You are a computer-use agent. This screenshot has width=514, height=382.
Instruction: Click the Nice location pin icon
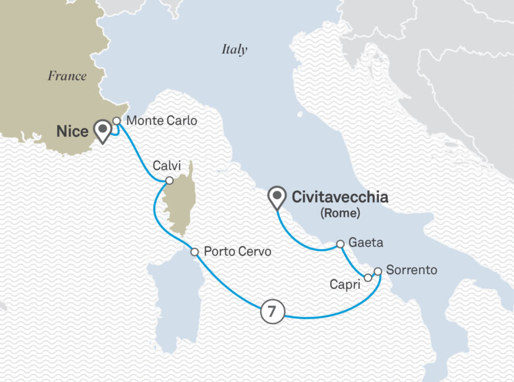click(102, 130)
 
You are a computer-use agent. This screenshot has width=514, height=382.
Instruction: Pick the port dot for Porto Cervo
click(194, 252)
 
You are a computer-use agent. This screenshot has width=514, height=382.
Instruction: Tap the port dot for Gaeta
click(340, 244)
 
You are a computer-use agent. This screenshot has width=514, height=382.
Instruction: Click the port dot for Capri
click(368, 278)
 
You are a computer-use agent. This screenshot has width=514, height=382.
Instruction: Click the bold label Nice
click(72, 131)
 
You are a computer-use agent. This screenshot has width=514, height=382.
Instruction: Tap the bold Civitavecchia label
click(340, 198)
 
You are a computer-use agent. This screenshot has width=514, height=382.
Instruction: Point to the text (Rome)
click(340, 214)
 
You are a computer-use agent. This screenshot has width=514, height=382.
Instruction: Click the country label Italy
click(234, 50)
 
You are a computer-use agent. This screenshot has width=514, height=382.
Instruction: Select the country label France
click(67, 76)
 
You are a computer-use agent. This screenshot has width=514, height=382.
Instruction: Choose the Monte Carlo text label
click(161, 121)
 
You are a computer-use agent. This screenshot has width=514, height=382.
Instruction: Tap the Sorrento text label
click(411, 270)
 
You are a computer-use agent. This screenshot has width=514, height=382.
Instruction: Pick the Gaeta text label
click(366, 244)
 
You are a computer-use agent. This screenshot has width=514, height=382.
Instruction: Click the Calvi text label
click(165, 165)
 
